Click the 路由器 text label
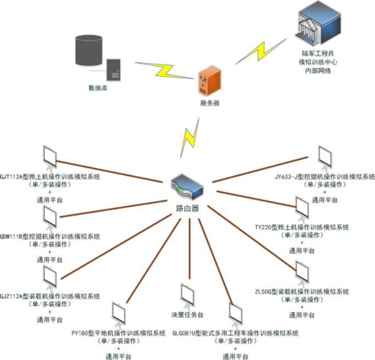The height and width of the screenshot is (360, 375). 187,209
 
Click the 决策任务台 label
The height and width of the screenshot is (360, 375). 188,315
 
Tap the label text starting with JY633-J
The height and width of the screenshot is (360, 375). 324,177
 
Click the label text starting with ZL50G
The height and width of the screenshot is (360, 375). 302,291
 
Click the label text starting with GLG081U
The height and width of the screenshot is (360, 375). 235,333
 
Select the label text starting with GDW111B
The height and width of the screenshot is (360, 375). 50,237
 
